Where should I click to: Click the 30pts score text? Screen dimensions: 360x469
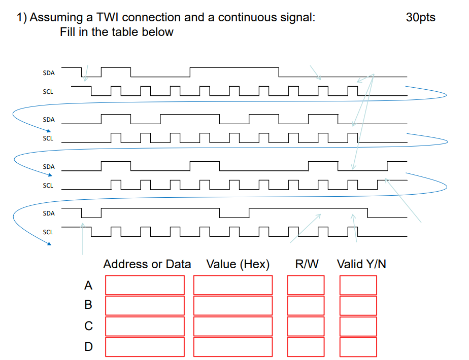420,17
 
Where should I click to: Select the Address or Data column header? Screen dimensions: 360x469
147,264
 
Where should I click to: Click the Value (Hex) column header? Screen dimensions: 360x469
238,264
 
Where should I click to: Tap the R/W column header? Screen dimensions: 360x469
307,264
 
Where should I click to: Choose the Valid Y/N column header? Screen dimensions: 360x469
361,264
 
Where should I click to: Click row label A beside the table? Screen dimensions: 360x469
88,285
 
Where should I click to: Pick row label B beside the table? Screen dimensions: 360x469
88,305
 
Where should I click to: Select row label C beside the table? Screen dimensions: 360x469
88,326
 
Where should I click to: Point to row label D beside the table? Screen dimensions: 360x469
88,347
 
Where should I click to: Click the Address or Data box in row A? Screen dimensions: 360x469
145,285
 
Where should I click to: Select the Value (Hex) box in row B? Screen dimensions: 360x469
233,305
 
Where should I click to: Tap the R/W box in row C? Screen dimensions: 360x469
306,326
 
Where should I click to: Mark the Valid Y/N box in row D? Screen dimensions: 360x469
358,347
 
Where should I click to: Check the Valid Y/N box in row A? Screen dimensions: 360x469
358,285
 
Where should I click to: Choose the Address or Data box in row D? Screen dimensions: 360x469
145,347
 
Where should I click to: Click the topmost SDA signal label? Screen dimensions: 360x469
49,73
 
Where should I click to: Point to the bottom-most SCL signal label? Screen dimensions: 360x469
48,232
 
